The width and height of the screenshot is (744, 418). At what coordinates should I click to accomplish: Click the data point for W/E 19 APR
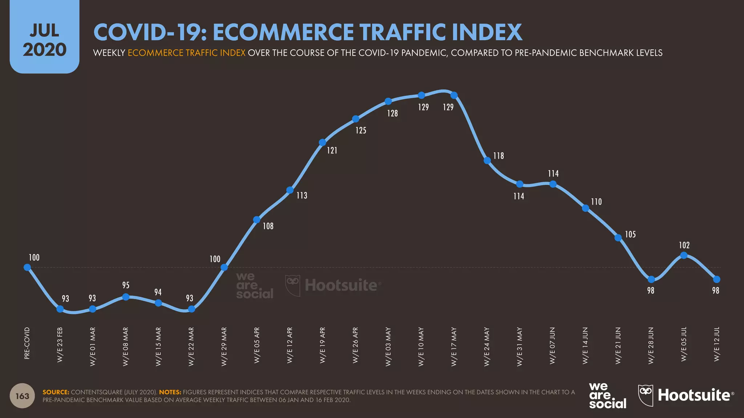tap(322, 142)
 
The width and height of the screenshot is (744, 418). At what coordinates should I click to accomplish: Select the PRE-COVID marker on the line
tap(27, 267)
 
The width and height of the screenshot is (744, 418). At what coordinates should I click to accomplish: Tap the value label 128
tap(392, 114)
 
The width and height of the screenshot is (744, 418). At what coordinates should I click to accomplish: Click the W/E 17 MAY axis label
tap(454, 346)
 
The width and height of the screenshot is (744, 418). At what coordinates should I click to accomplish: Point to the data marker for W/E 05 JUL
tap(684, 255)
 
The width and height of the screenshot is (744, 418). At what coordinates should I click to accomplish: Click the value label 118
tap(498, 156)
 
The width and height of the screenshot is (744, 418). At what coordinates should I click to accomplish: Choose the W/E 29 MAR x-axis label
tap(224, 346)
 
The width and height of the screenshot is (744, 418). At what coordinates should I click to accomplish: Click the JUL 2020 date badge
tap(44, 40)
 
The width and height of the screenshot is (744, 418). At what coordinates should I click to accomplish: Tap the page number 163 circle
tap(22, 396)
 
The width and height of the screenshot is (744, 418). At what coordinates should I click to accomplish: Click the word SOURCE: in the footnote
tap(56, 392)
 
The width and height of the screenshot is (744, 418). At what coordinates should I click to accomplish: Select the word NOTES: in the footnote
tap(170, 392)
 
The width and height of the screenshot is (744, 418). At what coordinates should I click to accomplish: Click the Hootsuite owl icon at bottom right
tap(646, 395)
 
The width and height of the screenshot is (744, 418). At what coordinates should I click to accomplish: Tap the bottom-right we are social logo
tap(607, 396)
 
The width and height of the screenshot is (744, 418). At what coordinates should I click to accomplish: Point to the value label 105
tap(630, 235)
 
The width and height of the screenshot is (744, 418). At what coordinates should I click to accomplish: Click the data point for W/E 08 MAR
tap(126, 297)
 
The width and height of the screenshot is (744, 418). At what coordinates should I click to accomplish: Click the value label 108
tap(268, 226)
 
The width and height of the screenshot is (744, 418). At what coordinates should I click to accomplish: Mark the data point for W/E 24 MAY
tap(488, 161)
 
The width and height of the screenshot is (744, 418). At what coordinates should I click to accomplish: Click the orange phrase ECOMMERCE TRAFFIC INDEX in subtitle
tap(186, 53)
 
